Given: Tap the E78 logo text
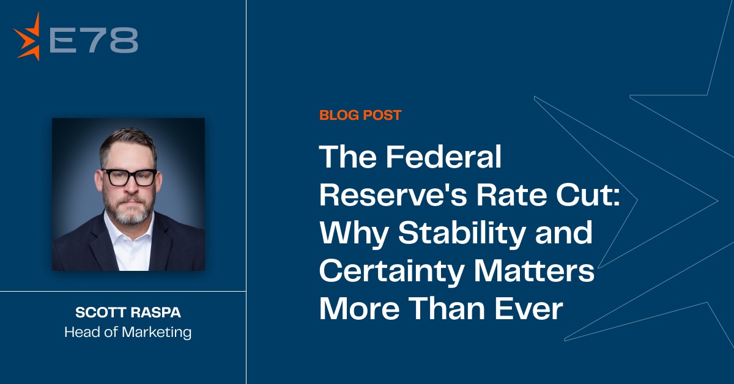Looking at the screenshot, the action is [x=94, y=40].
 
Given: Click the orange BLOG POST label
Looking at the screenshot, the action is [x=360, y=115].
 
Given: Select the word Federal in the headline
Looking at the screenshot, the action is [x=443, y=157].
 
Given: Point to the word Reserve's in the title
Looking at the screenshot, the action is [x=393, y=194].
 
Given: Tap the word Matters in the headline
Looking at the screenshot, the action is [x=534, y=271].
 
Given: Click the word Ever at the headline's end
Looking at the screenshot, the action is [x=528, y=309].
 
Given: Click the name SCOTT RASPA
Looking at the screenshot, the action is [x=128, y=312].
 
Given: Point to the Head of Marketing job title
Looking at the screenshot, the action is [x=128, y=332].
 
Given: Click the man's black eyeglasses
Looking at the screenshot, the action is [x=129, y=177].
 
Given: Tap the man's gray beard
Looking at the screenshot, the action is [x=129, y=212].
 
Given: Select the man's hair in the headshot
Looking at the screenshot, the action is [x=128, y=141].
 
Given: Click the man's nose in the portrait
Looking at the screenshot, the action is [x=132, y=186].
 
